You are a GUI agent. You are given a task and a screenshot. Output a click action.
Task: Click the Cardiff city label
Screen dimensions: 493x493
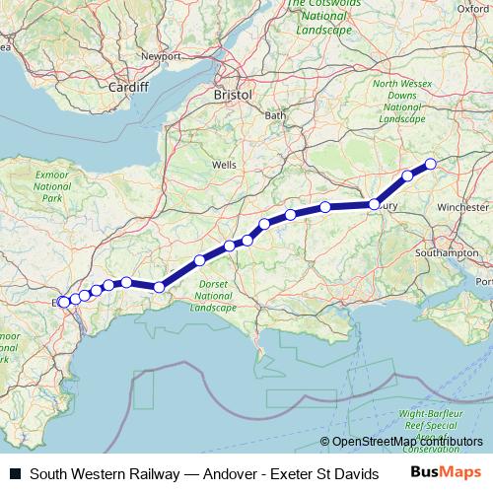pos(128,87)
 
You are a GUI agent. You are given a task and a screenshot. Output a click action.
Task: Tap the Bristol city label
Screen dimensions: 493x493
pos(233,95)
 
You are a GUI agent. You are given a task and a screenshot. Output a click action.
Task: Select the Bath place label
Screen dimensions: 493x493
pos(274,115)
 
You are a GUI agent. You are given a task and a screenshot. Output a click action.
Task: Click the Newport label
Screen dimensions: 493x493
pos(160,56)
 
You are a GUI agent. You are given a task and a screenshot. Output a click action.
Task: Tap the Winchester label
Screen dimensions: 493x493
pos(462,208)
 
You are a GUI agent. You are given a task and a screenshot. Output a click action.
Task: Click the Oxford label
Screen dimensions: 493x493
pos(474,8)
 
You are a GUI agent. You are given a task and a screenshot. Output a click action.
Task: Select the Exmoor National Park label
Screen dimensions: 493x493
pos(52,184)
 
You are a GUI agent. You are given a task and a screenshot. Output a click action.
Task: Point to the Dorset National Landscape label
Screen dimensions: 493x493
pos(214,296)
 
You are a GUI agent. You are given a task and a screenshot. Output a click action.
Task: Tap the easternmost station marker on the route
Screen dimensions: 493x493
pos(430,164)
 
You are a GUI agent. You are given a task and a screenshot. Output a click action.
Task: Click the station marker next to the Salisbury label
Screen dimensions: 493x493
pos(375,204)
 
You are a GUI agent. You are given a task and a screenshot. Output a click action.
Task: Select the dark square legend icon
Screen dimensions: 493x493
pos(16,474)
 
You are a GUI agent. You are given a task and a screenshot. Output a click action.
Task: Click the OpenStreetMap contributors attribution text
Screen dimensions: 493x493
pos(407,442)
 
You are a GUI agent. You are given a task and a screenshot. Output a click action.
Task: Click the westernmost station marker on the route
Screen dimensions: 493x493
pos(62,302)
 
